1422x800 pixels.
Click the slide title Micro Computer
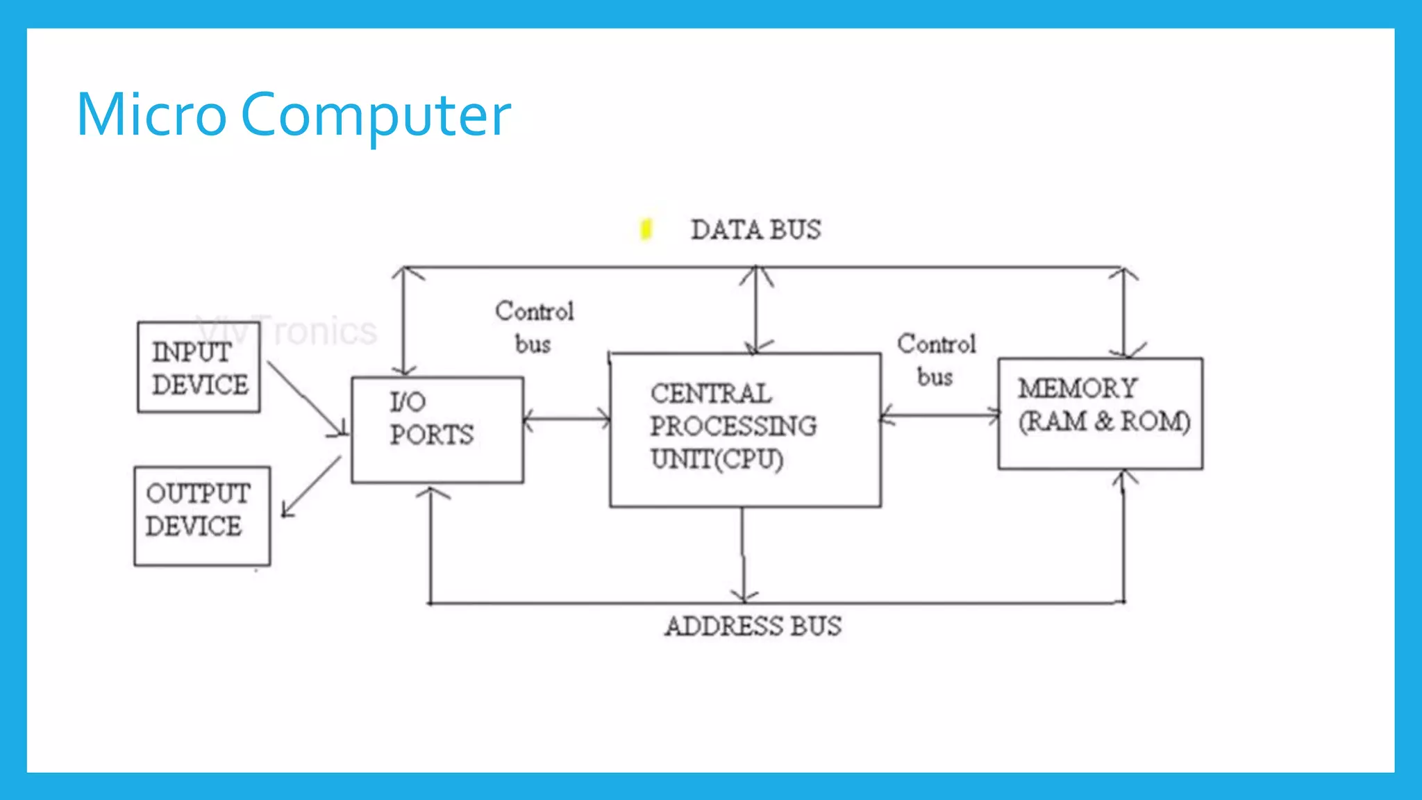[293, 115]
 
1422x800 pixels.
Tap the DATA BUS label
[755, 230]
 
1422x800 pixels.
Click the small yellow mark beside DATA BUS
[646, 228]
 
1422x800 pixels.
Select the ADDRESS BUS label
[753, 626]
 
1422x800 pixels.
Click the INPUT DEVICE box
[199, 367]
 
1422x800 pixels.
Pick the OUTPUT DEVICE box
[201, 516]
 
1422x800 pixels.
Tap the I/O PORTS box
[437, 429]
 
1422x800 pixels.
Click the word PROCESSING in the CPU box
[733, 426]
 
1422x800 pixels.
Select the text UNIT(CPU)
[717, 458]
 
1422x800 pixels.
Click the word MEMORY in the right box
[1077, 387]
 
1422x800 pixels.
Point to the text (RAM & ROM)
[1104, 421]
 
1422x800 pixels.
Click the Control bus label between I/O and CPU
[534, 327]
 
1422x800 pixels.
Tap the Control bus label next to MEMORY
[936, 360]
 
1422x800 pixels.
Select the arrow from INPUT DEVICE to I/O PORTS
[306, 399]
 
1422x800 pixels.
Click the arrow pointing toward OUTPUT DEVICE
[310, 487]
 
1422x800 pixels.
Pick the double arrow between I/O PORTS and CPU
[567, 419]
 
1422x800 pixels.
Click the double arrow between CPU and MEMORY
[939, 415]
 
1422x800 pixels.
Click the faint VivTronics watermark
[286, 331]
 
